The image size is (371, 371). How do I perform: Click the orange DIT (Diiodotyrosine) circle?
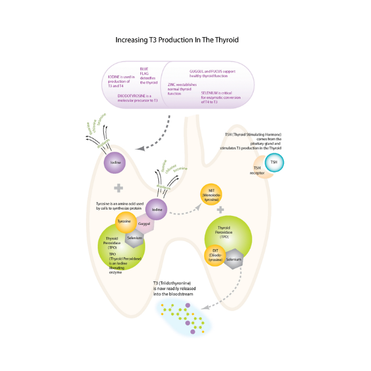[x=215, y=254]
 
